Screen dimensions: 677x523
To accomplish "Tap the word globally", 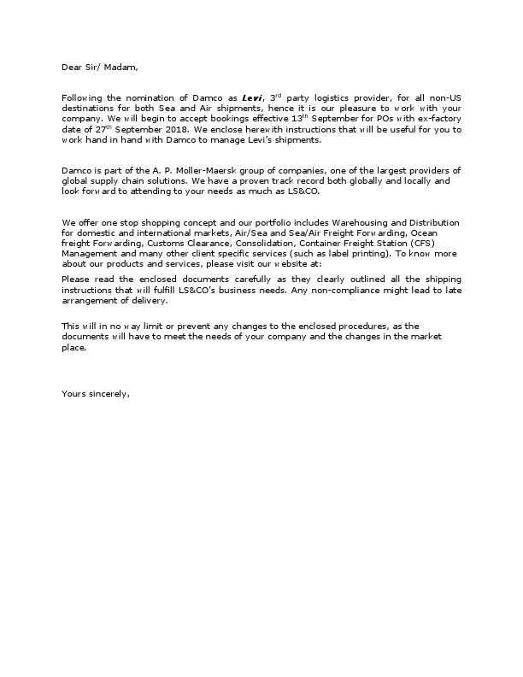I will (x=277, y=181).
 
